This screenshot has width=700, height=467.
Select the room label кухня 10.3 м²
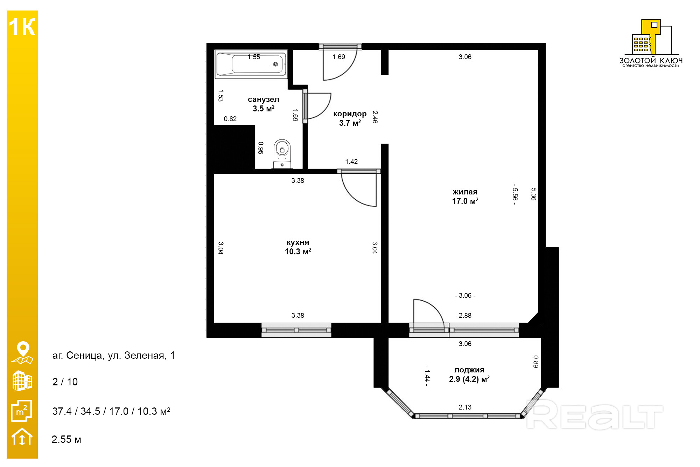coord(298,247)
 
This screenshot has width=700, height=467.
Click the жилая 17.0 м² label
coord(465,197)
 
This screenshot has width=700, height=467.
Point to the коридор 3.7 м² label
coord(350,118)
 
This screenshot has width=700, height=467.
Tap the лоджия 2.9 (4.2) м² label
coord(469,375)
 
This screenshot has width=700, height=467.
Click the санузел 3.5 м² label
coord(264,104)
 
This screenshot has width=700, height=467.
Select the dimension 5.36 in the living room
coord(533,194)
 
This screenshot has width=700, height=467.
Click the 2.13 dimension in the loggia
coord(465,407)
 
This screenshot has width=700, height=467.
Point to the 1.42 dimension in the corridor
coord(351,162)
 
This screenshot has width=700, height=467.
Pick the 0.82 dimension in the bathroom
coord(230,119)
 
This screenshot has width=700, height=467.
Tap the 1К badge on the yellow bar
coord(22,27)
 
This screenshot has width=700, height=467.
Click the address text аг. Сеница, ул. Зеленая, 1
coord(113,355)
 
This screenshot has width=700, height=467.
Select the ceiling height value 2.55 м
coord(66,439)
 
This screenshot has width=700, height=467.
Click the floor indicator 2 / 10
coord(65,382)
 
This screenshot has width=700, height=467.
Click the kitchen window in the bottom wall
coord(296,330)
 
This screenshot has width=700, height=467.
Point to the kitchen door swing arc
coord(353,196)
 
